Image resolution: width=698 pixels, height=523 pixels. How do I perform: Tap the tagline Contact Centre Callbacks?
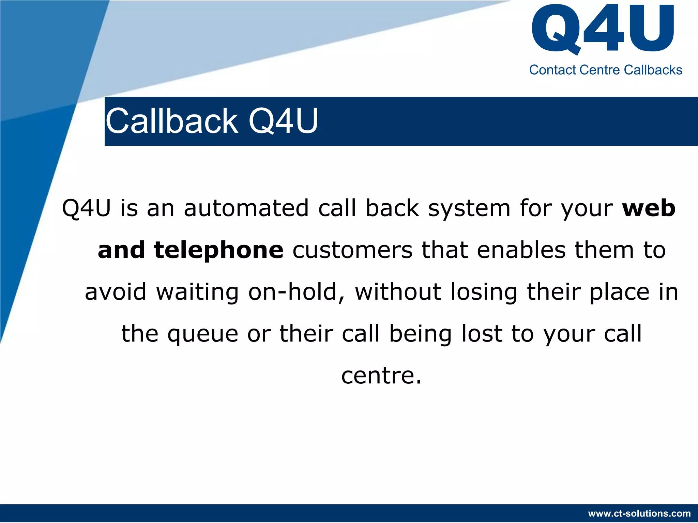coord(606,70)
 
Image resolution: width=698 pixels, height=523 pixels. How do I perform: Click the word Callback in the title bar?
coord(172,121)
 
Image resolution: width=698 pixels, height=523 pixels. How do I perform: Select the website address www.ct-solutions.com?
coord(639,513)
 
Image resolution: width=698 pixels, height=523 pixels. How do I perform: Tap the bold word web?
coord(649,208)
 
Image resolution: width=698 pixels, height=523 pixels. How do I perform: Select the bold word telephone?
coord(218,251)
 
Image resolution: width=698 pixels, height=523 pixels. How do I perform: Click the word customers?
coord(352,251)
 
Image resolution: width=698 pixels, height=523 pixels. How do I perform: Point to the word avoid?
coord(116,292)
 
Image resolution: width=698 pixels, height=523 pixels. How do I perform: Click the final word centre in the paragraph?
coord(381,376)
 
